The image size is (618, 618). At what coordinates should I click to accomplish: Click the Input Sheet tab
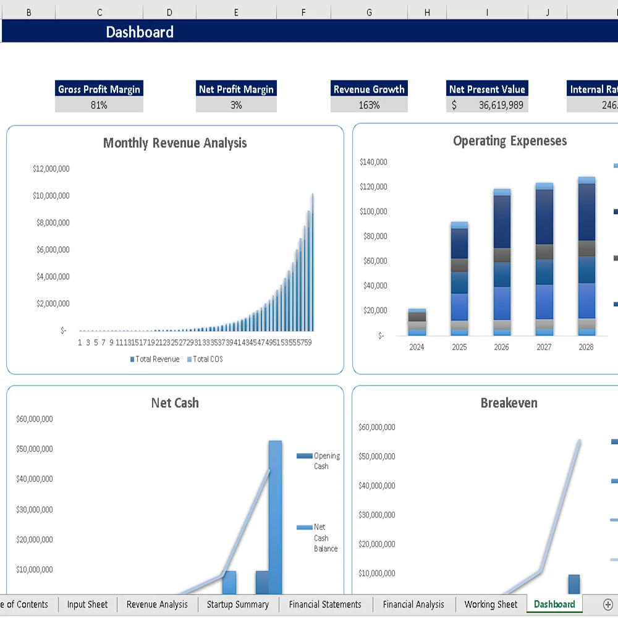pos(87,604)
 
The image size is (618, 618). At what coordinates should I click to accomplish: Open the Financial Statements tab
pos(325,604)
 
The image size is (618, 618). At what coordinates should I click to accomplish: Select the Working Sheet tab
pos(491,604)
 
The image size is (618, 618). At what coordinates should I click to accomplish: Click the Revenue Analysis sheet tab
pos(157,604)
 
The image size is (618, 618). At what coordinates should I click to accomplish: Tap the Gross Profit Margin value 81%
pos(99,105)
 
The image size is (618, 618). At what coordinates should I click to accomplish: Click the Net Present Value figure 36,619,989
pos(501,105)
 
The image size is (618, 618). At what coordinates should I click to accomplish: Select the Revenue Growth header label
pos(369,89)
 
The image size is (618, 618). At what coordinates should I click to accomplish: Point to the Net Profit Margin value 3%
pos(236,105)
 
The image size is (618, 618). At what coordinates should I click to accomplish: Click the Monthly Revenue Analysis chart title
pos(175,143)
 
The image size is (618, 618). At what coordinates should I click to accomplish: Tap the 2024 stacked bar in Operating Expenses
pos(417,323)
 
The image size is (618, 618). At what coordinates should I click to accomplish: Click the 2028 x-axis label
pos(586,347)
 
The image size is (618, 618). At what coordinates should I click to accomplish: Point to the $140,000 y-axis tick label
pos(373,162)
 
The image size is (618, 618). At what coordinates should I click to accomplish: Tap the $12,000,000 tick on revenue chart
pos(51,169)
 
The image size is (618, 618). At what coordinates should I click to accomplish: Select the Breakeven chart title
pos(509,404)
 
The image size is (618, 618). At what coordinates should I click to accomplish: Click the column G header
pos(369,12)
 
